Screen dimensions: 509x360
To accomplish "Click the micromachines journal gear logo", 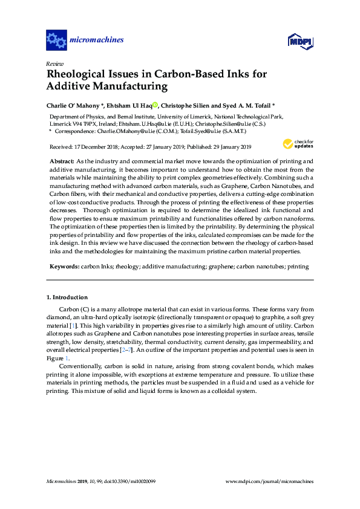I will coord(56,41).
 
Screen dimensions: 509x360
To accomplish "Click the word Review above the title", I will coord(54,63).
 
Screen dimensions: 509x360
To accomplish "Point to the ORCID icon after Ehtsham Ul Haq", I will coord(155,105).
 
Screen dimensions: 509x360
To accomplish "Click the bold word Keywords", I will coord(62,266).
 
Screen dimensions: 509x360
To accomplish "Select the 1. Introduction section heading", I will coord(67,297).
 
